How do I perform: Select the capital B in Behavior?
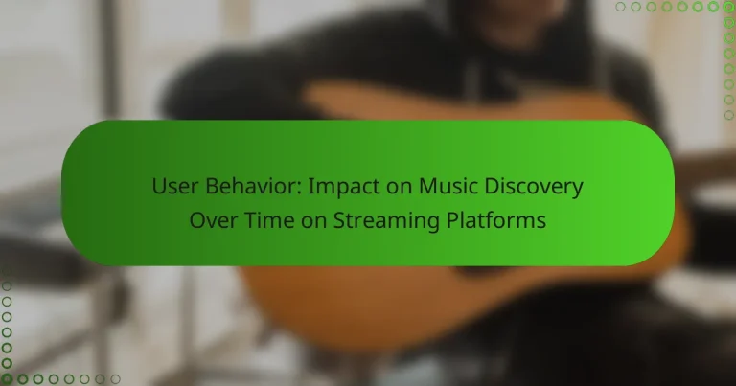click(x=203, y=187)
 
